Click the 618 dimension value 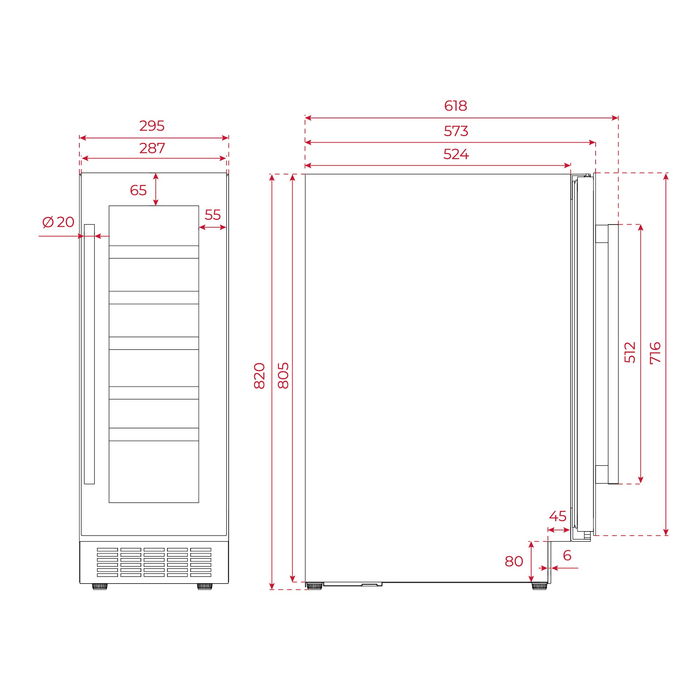click(455, 106)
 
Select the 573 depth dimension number click(455, 131)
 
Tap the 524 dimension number click(455, 154)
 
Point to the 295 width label click(152, 126)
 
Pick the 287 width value click(152, 148)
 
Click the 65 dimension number click(138, 190)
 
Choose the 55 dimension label click(212, 215)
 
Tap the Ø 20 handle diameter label click(58, 222)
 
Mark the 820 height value click(259, 376)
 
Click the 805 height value click(283, 376)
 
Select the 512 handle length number click(630, 352)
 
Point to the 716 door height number click(655, 352)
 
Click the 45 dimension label click(557, 516)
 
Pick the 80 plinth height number click(514, 561)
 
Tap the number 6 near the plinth click(567, 556)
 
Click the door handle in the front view click(89, 354)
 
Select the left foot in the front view click(99, 586)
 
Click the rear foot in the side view click(314, 586)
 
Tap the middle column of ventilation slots click(154, 562)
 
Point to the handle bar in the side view click(613, 354)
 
